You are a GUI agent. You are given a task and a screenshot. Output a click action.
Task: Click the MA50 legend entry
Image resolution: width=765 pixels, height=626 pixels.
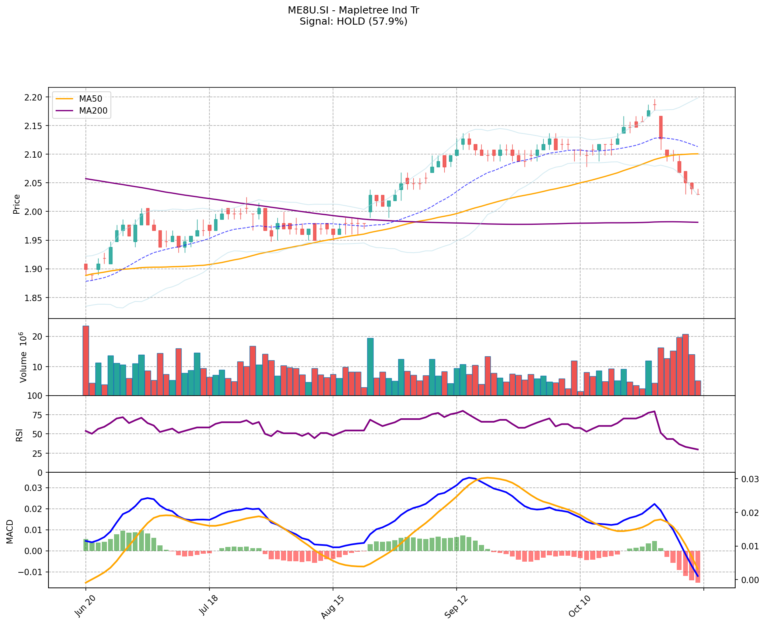[90, 99]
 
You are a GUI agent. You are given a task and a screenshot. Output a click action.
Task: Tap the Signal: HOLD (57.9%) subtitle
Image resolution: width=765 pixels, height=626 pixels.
[353, 21]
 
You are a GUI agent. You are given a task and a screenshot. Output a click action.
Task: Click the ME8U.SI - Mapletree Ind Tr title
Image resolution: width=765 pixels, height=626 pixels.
[353, 10]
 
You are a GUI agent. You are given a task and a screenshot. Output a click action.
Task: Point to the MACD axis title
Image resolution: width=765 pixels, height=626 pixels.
[10, 531]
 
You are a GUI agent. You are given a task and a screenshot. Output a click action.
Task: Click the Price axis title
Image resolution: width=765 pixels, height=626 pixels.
[17, 204]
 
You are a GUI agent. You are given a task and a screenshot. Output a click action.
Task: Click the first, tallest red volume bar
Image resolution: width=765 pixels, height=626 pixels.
[86, 361]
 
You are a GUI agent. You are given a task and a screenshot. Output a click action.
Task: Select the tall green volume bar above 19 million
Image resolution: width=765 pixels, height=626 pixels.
[370, 366]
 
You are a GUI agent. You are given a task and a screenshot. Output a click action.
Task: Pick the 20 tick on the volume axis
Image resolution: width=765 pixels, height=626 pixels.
[37, 337]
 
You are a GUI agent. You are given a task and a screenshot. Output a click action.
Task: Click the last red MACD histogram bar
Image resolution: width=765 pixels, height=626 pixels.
[697, 566]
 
